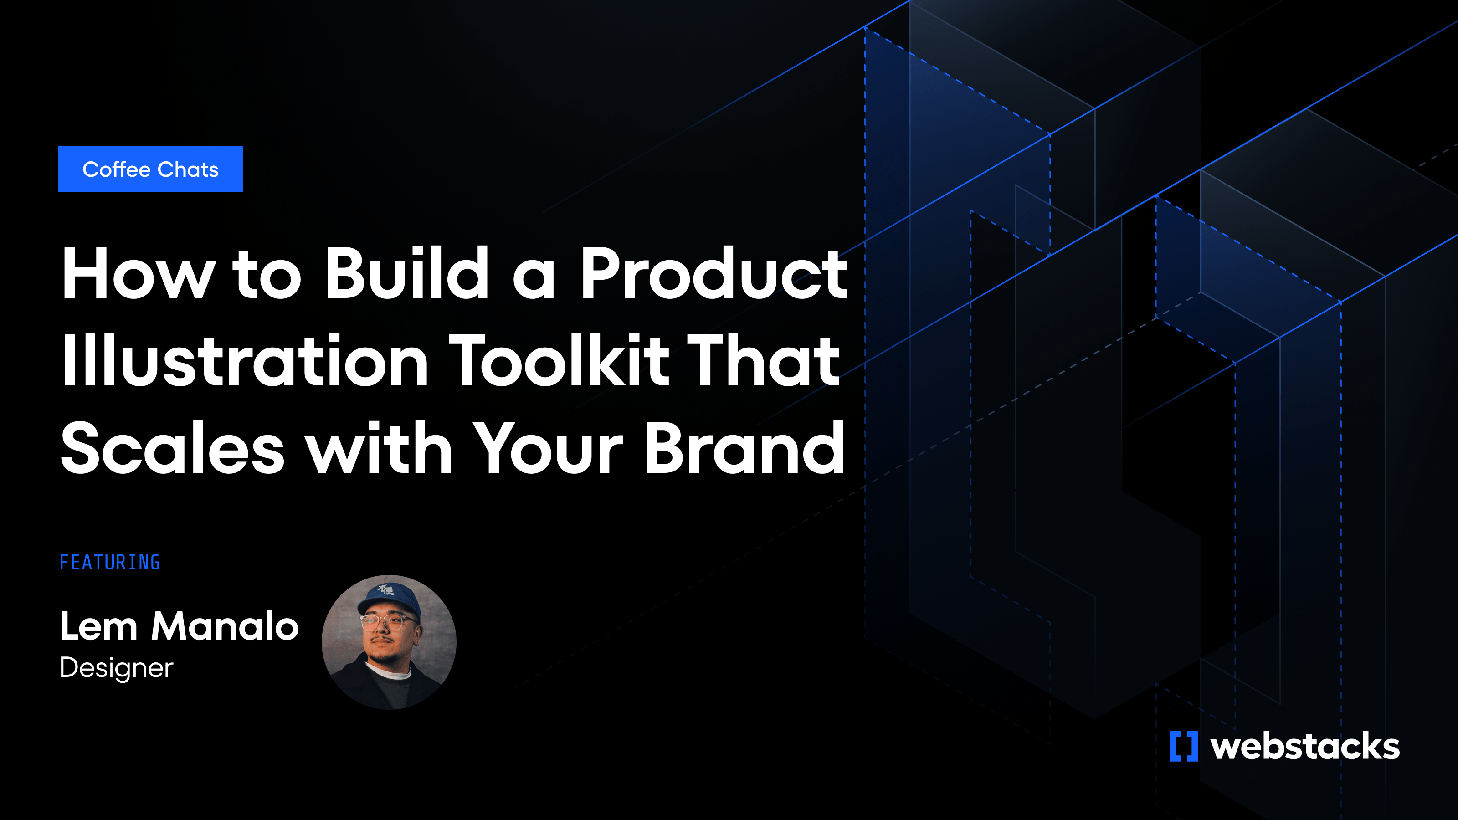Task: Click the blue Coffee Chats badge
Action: pos(150,169)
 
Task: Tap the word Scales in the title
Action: pos(173,448)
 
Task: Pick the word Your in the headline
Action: pos(548,448)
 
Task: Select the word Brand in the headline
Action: pos(744,448)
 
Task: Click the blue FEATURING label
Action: pos(110,563)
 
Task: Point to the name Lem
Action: pos(98,626)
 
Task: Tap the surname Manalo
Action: pos(225,626)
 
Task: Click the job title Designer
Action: pos(117,668)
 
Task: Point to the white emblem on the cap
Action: pos(386,590)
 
